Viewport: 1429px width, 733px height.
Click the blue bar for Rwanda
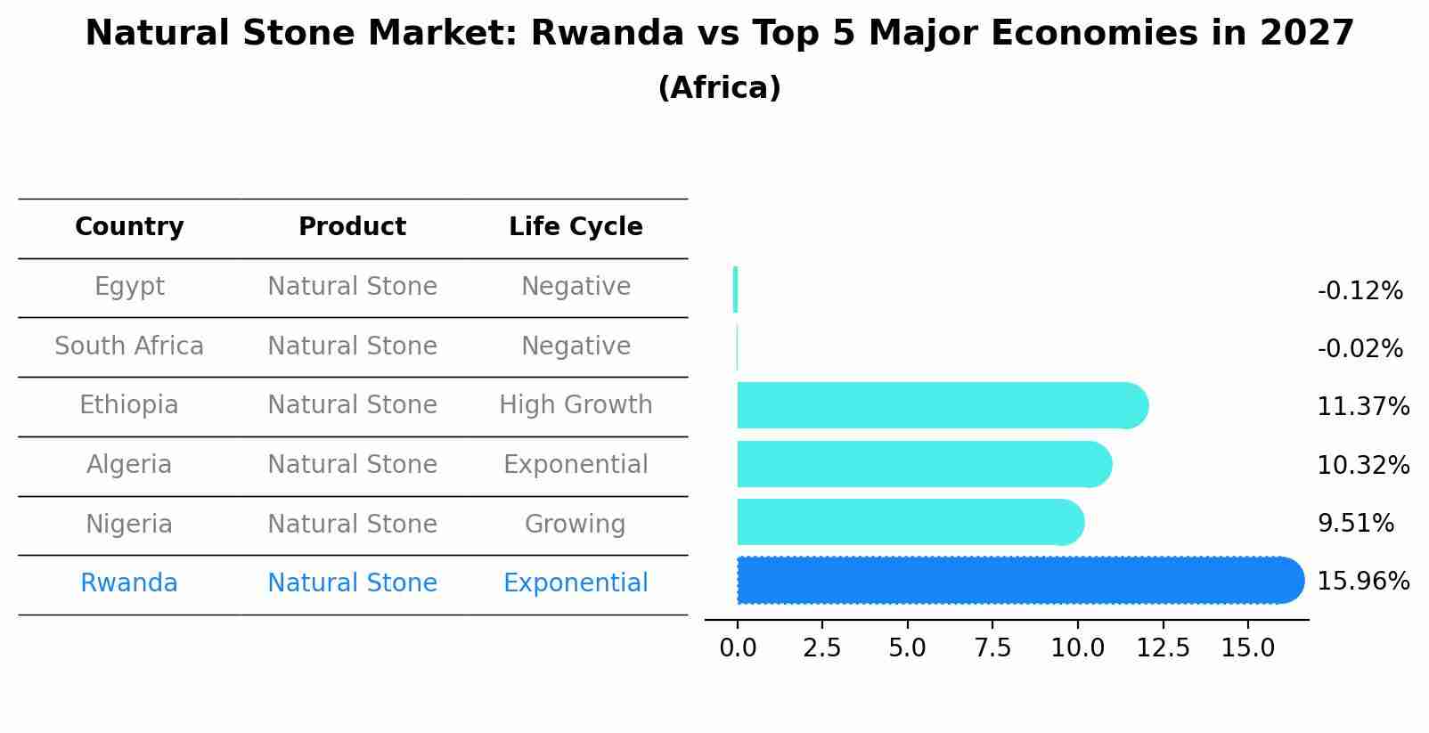(x=1016, y=580)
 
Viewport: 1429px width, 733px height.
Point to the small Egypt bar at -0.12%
(x=735, y=289)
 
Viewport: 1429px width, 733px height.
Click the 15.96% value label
(x=1362, y=582)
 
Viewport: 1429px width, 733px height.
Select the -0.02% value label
(x=1360, y=349)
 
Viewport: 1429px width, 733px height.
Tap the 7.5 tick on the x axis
(x=992, y=648)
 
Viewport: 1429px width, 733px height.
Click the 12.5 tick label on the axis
(x=1163, y=648)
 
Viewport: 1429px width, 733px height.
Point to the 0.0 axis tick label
(x=738, y=648)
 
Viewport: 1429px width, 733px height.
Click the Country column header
(x=129, y=227)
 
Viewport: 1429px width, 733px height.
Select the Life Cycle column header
(x=576, y=227)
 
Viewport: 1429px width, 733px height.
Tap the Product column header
(x=352, y=227)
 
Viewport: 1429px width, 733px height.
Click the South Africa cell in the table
(x=129, y=346)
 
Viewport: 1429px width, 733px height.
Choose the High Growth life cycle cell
(x=576, y=405)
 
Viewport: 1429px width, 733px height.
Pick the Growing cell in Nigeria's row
(x=575, y=525)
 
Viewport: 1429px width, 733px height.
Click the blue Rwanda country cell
(x=129, y=583)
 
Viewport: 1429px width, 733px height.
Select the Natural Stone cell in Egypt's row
(x=352, y=287)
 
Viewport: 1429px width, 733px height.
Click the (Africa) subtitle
(x=719, y=88)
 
